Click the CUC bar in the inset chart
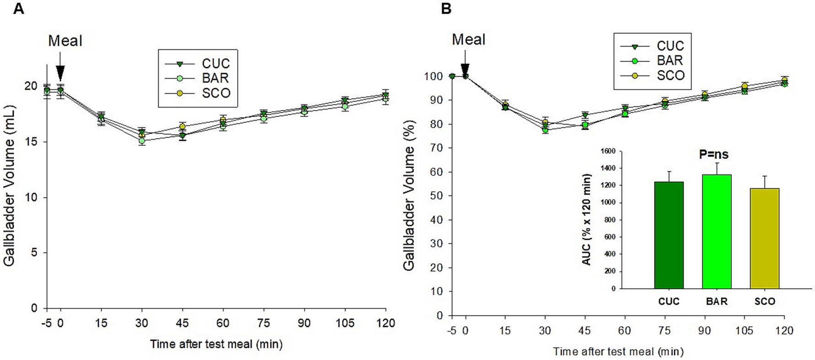click(669, 235)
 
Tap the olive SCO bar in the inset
click(764, 238)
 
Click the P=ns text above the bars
click(714, 154)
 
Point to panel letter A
click(18, 8)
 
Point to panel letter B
click(446, 8)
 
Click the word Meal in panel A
click(65, 41)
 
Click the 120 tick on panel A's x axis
click(385, 323)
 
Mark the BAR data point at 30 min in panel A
click(142, 141)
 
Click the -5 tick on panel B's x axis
click(451, 330)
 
